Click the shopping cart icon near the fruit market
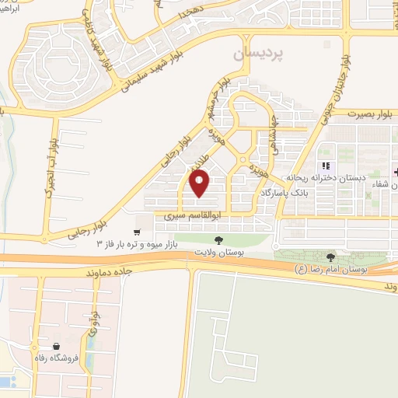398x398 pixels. click(137, 232)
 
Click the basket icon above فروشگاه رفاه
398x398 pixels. click(56, 347)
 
